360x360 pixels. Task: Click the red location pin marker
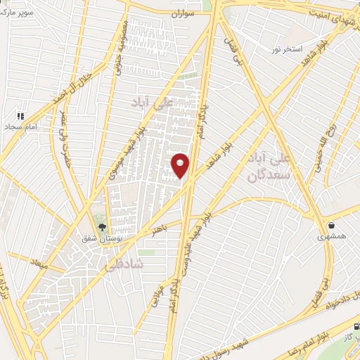(181, 165)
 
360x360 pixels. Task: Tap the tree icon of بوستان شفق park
(103, 227)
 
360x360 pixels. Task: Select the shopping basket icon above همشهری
(332, 226)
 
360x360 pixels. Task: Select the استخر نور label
(288, 50)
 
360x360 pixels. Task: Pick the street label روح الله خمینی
(324, 153)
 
